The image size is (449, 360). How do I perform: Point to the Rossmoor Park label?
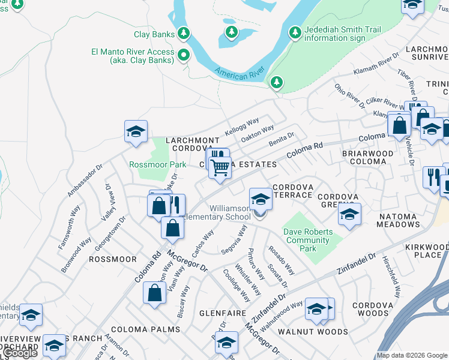158,164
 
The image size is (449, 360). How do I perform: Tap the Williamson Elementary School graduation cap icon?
260,199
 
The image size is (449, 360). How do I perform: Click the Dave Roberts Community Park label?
307,240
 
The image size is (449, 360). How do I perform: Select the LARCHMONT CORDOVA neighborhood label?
193,144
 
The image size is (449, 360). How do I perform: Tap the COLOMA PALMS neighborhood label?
145,329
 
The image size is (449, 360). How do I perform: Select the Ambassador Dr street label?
82,181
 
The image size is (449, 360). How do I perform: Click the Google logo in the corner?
20,353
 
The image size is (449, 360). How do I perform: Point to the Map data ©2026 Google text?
412,355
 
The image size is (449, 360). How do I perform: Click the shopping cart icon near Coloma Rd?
220,168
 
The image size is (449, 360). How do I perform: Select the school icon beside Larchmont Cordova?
136,131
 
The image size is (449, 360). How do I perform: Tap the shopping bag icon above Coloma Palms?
154,293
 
